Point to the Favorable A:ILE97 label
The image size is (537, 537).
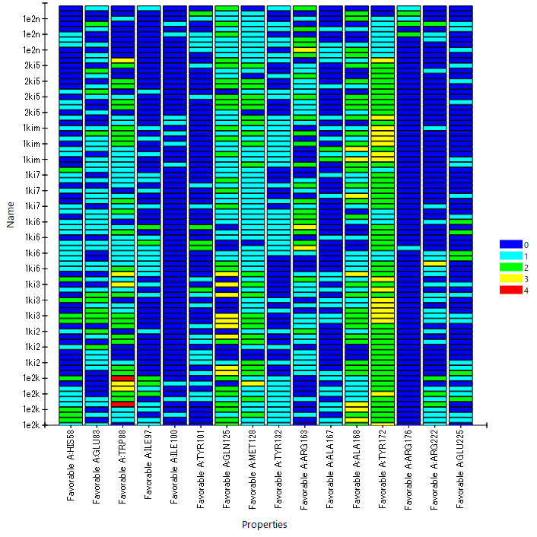click(x=149, y=465)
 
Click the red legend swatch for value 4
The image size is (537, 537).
click(x=510, y=290)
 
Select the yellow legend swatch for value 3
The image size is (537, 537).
click(x=510, y=278)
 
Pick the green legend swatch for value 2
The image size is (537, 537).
click(x=510, y=267)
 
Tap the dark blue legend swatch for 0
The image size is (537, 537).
click(x=510, y=244)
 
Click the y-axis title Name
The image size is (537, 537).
click(x=11, y=215)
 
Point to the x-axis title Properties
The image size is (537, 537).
click(x=264, y=525)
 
